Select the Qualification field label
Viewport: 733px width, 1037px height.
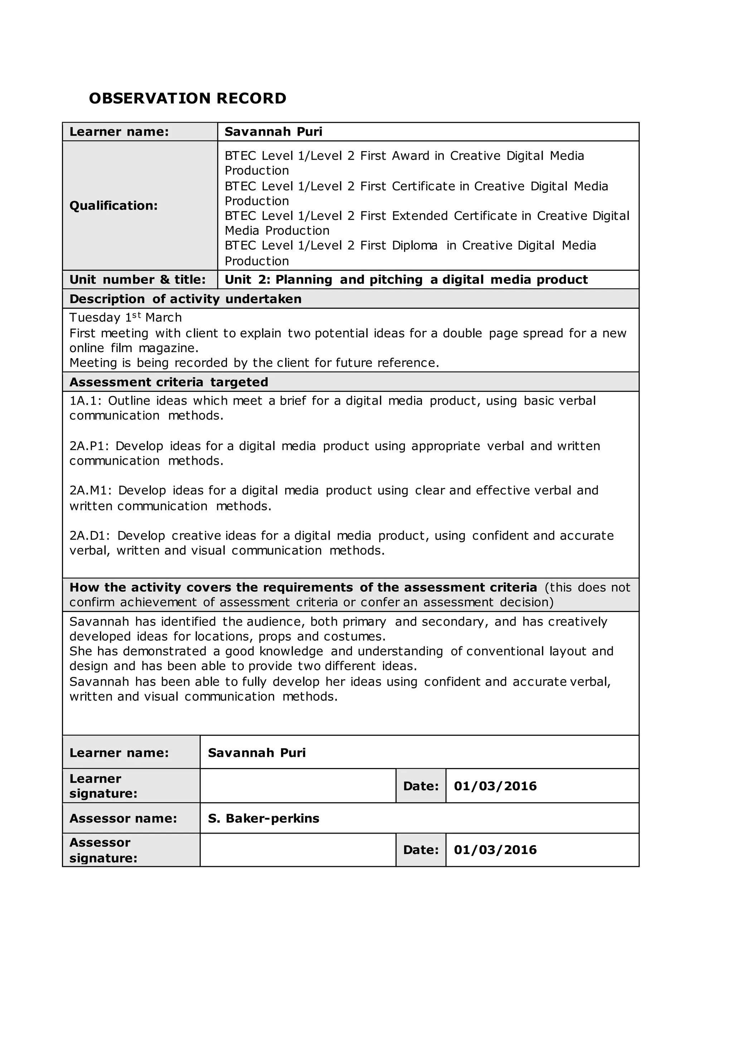(x=113, y=206)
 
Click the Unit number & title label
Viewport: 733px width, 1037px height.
(x=137, y=280)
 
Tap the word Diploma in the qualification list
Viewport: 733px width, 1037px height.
(x=414, y=246)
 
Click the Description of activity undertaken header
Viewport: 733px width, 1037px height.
(x=185, y=299)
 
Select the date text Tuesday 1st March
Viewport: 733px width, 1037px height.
(x=126, y=318)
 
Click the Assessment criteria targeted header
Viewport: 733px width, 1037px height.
(x=169, y=382)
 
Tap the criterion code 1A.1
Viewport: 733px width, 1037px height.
(x=85, y=401)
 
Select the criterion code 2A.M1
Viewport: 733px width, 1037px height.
(x=90, y=491)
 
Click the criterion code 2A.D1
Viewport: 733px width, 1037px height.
(x=90, y=536)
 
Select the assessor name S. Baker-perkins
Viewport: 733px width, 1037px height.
(x=263, y=819)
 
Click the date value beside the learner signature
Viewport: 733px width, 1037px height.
(x=495, y=786)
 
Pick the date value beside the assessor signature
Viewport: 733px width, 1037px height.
(x=495, y=850)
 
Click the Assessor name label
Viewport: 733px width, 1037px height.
(x=123, y=819)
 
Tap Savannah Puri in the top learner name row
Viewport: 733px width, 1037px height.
(x=273, y=132)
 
